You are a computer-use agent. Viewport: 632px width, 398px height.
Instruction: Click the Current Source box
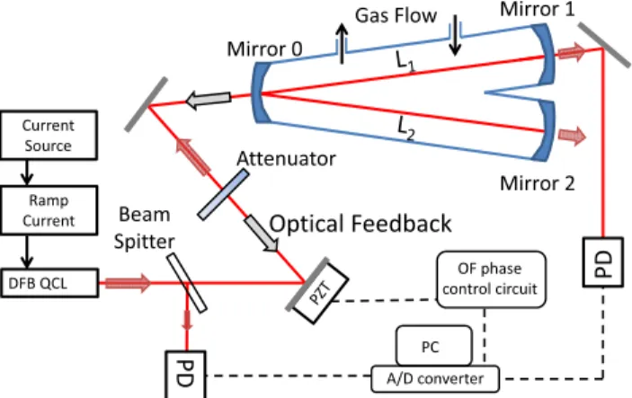(49, 135)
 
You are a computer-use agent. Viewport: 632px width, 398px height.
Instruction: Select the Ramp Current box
(49, 210)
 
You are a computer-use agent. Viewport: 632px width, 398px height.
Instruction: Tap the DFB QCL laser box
(49, 283)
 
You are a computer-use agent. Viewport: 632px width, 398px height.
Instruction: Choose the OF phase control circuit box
(492, 279)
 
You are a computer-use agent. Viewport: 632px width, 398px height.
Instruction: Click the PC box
(434, 346)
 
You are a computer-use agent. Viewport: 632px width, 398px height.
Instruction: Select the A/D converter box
(435, 378)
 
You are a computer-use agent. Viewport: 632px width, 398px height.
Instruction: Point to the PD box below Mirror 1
(603, 261)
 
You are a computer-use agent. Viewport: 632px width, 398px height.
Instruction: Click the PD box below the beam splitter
(186, 375)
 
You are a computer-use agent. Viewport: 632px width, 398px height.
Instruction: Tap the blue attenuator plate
(223, 195)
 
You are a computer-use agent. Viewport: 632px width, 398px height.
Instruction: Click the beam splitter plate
(187, 283)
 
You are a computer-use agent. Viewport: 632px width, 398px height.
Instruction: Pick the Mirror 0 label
(264, 49)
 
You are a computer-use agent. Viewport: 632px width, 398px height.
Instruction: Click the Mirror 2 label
(538, 183)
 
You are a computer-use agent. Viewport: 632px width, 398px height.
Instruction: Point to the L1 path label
(405, 62)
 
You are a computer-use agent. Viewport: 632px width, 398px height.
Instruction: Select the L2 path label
(405, 129)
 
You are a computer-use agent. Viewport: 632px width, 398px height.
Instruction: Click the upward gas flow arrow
(342, 43)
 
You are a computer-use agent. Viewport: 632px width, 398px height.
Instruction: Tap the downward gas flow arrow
(456, 35)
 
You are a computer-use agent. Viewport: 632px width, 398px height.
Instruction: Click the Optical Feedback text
(361, 224)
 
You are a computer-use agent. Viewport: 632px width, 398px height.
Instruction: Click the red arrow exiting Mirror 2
(573, 136)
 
